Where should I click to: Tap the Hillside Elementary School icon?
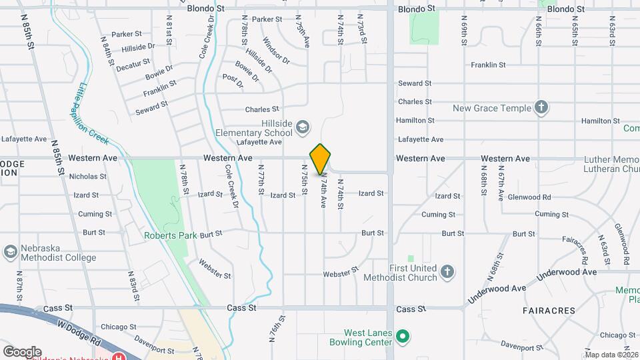(x=303, y=125)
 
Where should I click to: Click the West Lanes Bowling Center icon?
(x=402, y=337)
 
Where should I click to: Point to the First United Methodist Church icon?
(x=447, y=272)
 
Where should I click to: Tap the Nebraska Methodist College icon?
(x=10, y=252)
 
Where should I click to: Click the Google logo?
(x=21, y=351)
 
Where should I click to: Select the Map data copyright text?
(x=611, y=355)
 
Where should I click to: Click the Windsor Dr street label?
(x=276, y=51)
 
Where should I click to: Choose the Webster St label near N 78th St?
(x=215, y=269)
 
